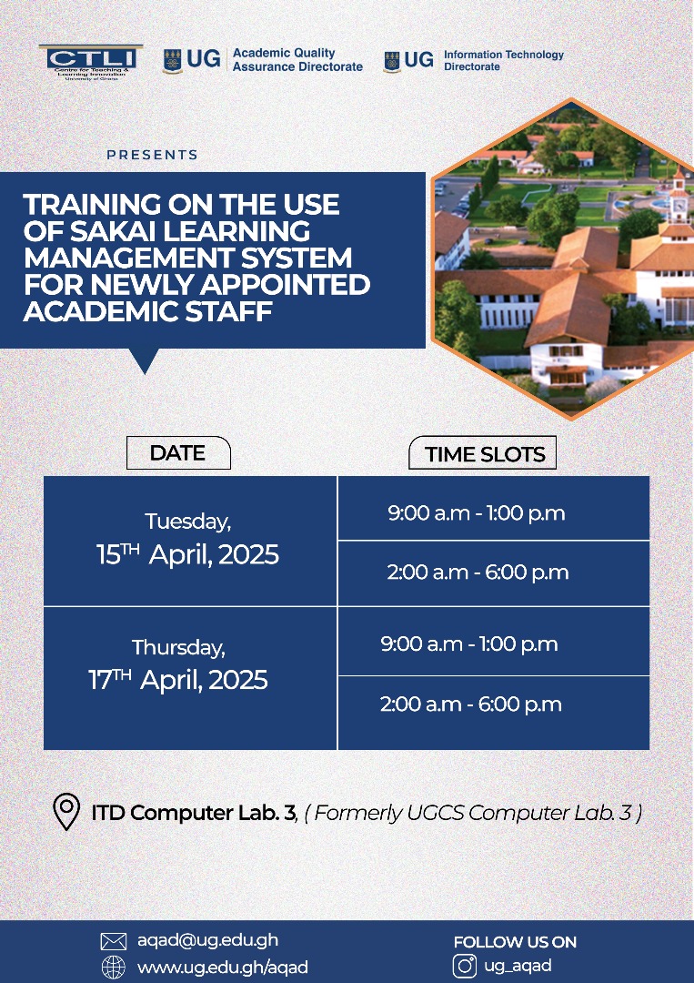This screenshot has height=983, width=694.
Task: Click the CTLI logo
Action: (x=91, y=61)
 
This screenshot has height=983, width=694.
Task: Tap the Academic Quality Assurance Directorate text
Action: (x=297, y=60)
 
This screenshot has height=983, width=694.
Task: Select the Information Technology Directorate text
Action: (x=503, y=60)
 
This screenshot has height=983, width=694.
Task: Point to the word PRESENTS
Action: (x=152, y=156)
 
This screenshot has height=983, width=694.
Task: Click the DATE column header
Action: (x=177, y=453)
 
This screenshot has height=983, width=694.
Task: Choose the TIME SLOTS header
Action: (x=485, y=454)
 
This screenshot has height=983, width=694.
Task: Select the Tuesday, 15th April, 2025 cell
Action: (x=188, y=540)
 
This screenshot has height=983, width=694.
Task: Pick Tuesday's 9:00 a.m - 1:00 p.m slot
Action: (x=477, y=513)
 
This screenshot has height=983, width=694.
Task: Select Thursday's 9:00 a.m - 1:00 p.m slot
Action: (x=469, y=644)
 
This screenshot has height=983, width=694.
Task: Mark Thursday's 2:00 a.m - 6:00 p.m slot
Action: (x=471, y=704)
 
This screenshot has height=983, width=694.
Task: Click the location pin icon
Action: (x=65, y=812)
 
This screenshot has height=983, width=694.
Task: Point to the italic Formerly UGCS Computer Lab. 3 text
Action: (x=473, y=813)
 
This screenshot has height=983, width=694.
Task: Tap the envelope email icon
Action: (x=113, y=941)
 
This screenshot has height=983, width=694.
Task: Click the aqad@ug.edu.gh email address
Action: (x=207, y=941)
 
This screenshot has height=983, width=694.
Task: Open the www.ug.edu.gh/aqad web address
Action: (x=222, y=967)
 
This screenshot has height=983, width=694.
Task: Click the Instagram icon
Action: (x=465, y=966)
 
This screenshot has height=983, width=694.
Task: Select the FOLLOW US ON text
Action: (x=515, y=942)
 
